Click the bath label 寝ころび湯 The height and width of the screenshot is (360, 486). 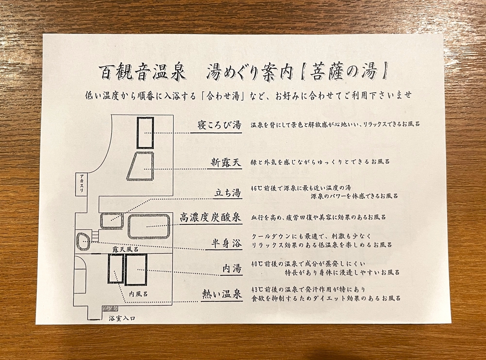pyautogui.click(x=220, y=125)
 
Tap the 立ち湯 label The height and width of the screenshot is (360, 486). pyautogui.click(x=228, y=193)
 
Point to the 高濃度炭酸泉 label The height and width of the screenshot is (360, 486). pyautogui.click(x=210, y=217)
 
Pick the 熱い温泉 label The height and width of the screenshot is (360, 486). pyautogui.click(x=222, y=295)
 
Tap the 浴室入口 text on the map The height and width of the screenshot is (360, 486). pyautogui.click(x=122, y=318)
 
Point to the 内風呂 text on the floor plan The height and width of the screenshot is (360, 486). pyautogui.click(x=138, y=294)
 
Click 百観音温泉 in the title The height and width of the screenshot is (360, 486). pyautogui.click(x=143, y=71)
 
